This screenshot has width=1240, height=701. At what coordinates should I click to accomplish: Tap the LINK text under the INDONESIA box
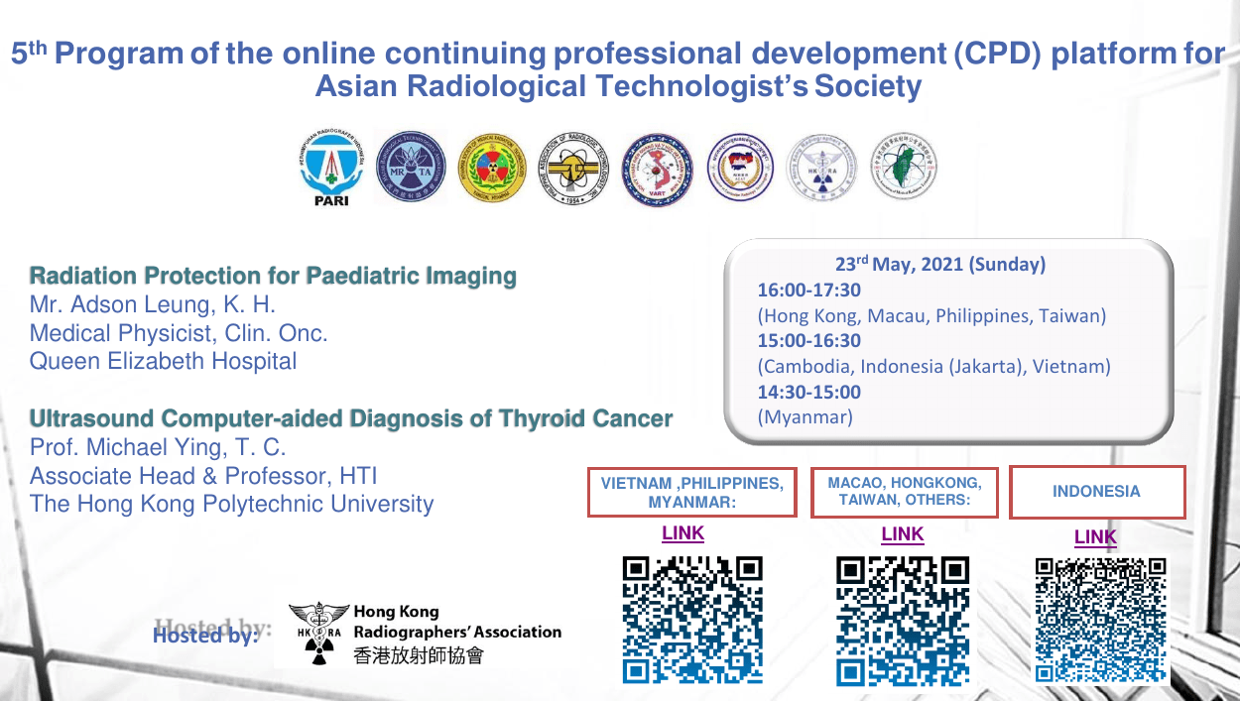coord(1095,537)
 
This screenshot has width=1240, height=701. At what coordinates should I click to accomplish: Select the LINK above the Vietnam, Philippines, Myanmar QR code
coord(682,533)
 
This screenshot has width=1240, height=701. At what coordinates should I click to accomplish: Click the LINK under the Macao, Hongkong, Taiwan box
coord(902,534)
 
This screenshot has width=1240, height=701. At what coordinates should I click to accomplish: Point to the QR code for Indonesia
coord(1100,620)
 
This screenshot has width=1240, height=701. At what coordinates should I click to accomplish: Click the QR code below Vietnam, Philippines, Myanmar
coord(692,620)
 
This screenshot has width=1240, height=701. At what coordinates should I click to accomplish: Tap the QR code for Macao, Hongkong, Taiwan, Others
coord(903,620)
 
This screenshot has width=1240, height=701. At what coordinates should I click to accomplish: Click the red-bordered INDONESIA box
coord(1097,492)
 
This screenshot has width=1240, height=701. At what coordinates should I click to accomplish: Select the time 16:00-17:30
coord(809,291)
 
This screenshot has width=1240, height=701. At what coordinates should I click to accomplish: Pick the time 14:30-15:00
coord(809,392)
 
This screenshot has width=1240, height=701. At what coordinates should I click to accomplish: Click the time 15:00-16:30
coord(809,341)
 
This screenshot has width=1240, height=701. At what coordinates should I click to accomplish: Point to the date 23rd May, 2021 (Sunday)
coord(939,265)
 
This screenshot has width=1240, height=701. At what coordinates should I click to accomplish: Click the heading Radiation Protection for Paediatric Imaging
coord(273,276)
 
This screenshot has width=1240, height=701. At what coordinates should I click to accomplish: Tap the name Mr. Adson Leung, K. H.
coord(153,304)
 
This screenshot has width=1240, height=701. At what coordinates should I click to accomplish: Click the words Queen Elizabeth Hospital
coord(163,361)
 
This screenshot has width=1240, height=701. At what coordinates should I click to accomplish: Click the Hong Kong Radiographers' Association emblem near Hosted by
coord(319,633)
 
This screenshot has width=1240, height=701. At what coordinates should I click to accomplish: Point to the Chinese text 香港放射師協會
coord(419,654)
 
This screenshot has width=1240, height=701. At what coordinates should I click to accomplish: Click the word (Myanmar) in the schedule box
coord(805,417)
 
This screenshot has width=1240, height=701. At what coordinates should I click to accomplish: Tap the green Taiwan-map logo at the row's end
coord(903,169)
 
